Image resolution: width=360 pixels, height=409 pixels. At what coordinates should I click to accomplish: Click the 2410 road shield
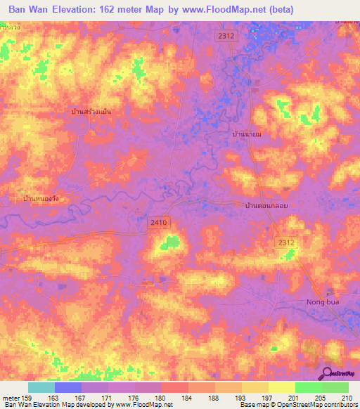point(159,222)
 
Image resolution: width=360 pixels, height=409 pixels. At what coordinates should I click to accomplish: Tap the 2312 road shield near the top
point(224,36)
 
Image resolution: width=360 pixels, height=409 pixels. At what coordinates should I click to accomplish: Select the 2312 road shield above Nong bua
point(285,242)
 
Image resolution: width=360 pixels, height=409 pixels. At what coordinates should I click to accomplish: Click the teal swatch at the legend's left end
point(41,387)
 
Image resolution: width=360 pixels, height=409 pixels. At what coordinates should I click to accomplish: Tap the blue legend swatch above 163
point(68,387)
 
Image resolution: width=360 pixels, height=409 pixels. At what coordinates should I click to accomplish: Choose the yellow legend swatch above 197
point(255,387)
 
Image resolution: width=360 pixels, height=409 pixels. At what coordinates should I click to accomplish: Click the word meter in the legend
point(11,398)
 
